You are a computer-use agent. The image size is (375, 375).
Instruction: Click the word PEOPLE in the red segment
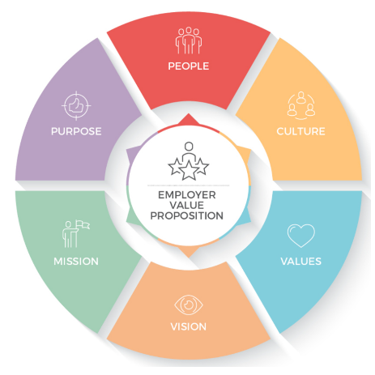click(x=189, y=66)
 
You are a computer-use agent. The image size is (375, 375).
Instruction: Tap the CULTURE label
click(x=300, y=131)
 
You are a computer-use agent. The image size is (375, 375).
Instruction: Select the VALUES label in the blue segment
click(x=301, y=262)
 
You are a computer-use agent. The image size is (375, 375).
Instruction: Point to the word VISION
click(x=189, y=326)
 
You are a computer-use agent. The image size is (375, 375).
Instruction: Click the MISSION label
click(x=76, y=262)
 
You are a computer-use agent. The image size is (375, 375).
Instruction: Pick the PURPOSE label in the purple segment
click(x=76, y=131)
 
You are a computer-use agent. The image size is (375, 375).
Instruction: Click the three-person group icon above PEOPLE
click(x=189, y=40)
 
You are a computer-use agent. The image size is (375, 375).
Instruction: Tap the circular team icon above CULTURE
click(x=301, y=105)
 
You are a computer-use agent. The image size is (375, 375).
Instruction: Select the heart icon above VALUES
click(x=301, y=236)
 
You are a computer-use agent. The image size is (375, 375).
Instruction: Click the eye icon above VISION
click(x=189, y=305)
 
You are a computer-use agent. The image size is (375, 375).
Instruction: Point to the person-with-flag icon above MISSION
click(x=76, y=234)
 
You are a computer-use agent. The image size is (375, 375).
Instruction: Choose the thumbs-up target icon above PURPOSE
click(x=76, y=105)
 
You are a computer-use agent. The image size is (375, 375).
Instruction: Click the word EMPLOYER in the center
click(x=187, y=195)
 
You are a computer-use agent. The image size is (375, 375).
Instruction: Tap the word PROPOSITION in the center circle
click(x=187, y=215)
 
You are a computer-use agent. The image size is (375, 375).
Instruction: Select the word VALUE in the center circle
click(x=187, y=205)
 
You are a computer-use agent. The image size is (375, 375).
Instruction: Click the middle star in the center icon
click(x=189, y=171)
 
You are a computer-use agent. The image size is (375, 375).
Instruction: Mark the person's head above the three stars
click(x=189, y=147)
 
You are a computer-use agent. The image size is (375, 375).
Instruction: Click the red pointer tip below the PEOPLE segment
click(x=189, y=114)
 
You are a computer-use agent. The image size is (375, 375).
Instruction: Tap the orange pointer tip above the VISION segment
click(x=189, y=257)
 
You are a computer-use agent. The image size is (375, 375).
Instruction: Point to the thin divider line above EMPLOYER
click(x=189, y=185)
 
